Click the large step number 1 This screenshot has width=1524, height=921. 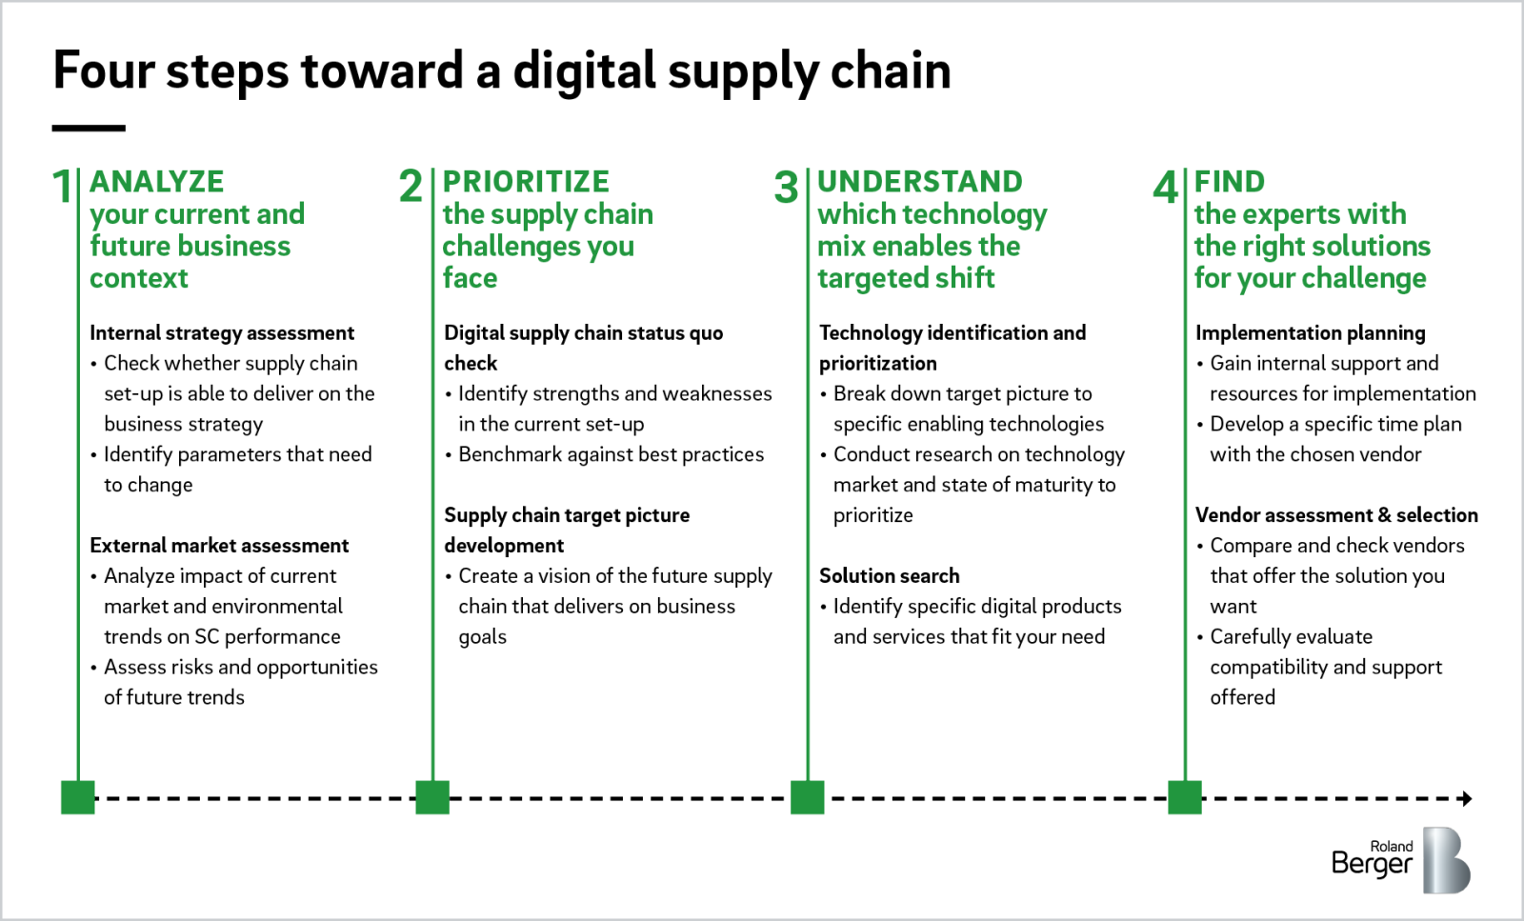pyautogui.click(x=61, y=187)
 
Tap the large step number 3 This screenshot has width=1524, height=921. pyautogui.click(x=786, y=188)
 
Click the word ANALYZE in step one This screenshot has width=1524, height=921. pyautogui.click(x=157, y=181)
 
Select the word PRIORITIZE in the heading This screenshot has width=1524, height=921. pyautogui.click(x=526, y=181)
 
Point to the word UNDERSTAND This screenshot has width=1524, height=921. pyautogui.click(x=919, y=181)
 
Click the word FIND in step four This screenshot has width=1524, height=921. pyautogui.click(x=1230, y=181)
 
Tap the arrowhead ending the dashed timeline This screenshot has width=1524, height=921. pyautogui.click(x=1467, y=798)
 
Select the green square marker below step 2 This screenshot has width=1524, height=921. pyautogui.click(x=432, y=797)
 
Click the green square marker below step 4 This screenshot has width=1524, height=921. pyautogui.click(x=1184, y=797)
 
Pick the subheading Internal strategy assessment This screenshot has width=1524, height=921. pyautogui.click(x=222, y=332)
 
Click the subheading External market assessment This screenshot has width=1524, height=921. pyautogui.click(x=219, y=545)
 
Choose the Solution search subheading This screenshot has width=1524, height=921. pyautogui.click(x=889, y=575)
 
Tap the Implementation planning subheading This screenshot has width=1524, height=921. pyautogui.click(x=1310, y=332)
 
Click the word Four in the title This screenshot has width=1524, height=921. pyautogui.click(x=103, y=70)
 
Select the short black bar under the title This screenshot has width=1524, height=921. pyautogui.click(x=89, y=128)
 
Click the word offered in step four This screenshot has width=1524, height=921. pyautogui.click(x=1242, y=697)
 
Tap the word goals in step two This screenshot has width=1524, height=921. pyautogui.click(x=482, y=637)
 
